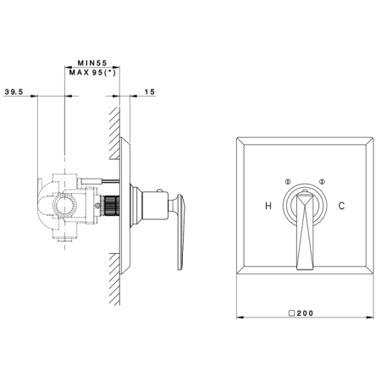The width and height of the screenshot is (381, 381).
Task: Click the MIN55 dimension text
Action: click(92, 63)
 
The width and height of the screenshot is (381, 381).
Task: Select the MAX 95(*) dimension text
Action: click(92, 73)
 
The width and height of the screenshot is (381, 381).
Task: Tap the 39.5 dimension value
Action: click(14, 91)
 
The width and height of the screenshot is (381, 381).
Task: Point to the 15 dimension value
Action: click(150, 91)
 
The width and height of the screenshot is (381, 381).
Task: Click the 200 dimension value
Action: click(305, 313)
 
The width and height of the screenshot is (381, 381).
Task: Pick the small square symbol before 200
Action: click(292, 313)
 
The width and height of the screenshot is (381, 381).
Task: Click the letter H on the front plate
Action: click(268, 206)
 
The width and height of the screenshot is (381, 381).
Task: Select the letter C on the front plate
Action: click(341, 206)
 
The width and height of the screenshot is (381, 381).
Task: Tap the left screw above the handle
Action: click(288, 181)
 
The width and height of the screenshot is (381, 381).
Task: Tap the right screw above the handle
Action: click(322, 181)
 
